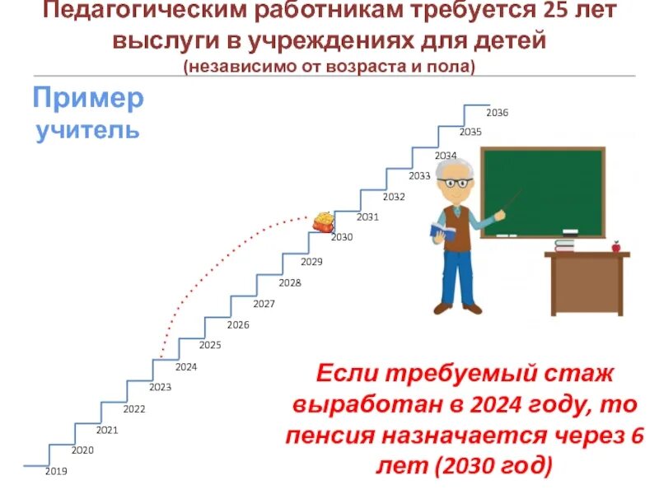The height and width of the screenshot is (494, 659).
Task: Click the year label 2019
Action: click(56, 472)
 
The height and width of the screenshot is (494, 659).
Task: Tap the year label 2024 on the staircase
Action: click(186, 367)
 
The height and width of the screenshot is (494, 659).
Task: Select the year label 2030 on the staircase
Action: click(342, 237)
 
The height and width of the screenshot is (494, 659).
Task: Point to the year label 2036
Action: click(498, 112)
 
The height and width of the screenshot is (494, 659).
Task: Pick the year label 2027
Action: click(264, 305)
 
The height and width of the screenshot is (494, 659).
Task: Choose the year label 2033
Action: click(419, 176)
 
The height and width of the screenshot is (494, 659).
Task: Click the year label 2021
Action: click(107, 431)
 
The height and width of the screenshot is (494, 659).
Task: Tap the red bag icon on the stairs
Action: click(322, 221)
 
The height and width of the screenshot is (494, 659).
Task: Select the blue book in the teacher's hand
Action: click(442, 233)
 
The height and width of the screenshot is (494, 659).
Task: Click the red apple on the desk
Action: click(615, 245)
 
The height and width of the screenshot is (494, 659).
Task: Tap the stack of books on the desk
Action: click(564, 245)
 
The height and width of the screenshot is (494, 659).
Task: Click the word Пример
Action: click(88, 100)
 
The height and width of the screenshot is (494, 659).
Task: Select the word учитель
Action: click(87, 131)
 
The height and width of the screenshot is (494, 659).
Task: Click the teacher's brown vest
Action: click(458, 226)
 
